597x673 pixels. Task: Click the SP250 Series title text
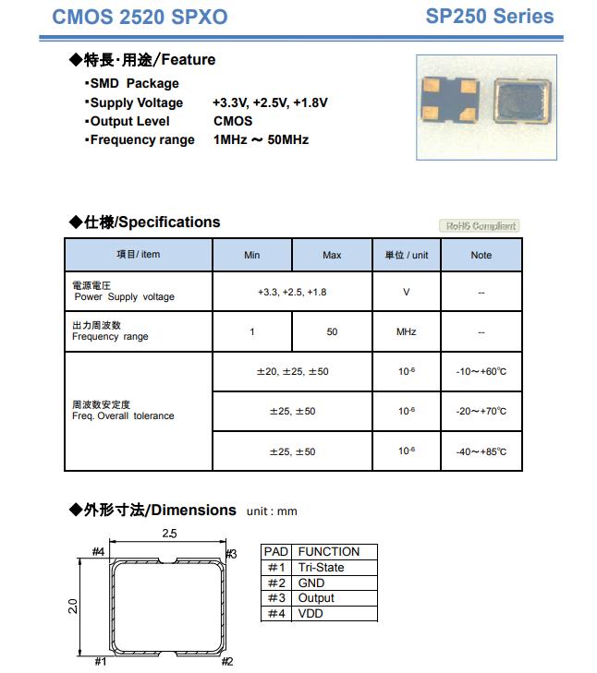tap(490, 16)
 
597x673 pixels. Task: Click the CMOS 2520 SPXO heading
tap(140, 17)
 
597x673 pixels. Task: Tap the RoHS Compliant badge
tap(479, 225)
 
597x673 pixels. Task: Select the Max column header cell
tap(332, 255)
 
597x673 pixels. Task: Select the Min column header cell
tap(252, 255)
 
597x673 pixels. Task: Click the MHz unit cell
tap(407, 331)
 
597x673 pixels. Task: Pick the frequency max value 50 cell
tap(332, 331)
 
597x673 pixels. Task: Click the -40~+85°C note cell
tap(481, 451)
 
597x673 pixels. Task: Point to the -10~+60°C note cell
tap(481, 371)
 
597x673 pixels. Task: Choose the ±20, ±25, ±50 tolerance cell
tap(292, 371)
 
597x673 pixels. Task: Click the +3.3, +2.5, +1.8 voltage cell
tap(292, 292)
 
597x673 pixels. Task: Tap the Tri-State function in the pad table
tap(321, 567)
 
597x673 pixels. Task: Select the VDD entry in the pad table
tap(311, 613)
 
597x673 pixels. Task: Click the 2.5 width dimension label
tap(169, 533)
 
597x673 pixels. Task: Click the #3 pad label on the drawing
tap(231, 553)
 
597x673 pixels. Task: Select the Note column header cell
tap(481, 255)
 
